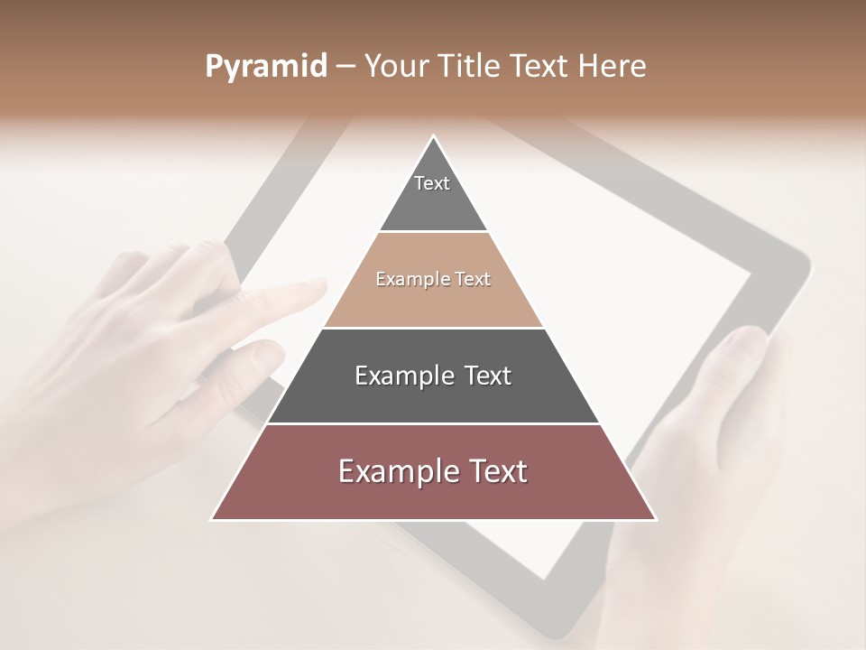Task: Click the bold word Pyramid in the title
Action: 265,67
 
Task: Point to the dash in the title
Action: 345,67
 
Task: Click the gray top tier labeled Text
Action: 433,194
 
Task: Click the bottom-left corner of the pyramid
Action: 212,519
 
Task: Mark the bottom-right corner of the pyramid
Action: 655,519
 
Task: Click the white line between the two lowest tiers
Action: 433,423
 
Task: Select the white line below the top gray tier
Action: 433,232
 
